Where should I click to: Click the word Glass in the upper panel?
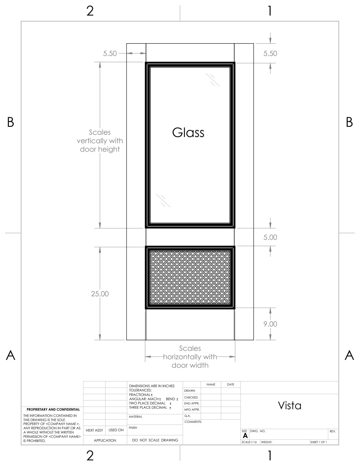[x=188, y=132]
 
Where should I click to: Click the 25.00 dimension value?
[x=100, y=294]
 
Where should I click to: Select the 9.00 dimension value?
[x=270, y=324]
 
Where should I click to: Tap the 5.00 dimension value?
[x=270, y=238]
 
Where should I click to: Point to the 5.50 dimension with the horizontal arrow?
[x=110, y=54]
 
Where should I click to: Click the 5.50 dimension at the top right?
[x=270, y=54]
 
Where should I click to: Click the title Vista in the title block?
[x=290, y=406]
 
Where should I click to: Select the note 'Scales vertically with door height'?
[x=100, y=141]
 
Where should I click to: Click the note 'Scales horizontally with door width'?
[x=190, y=357]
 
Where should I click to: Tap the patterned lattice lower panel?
[x=190, y=278]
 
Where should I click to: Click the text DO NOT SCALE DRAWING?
[x=155, y=440]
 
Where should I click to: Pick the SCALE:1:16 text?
[x=249, y=442]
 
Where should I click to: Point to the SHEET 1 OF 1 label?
[x=318, y=442]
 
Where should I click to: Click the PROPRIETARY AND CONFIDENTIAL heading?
[x=53, y=409]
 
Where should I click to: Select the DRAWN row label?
[x=189, y=391]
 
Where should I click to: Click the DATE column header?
[x=230, y=384]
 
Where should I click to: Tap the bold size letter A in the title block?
[x=245, y=436]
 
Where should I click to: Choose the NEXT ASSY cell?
[x=94, y=430]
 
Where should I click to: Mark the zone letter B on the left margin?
[x=10, y=122]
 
